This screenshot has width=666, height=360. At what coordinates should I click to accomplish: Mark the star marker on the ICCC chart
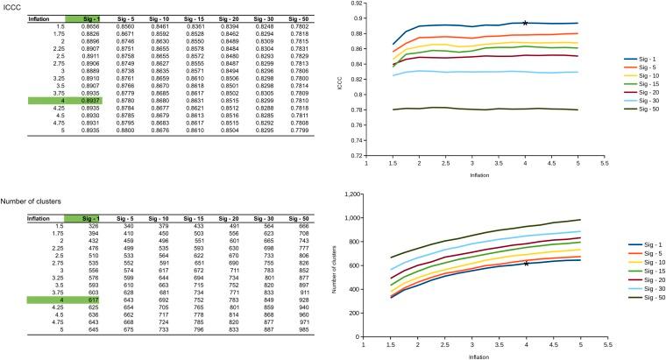(x=525, y=23)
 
